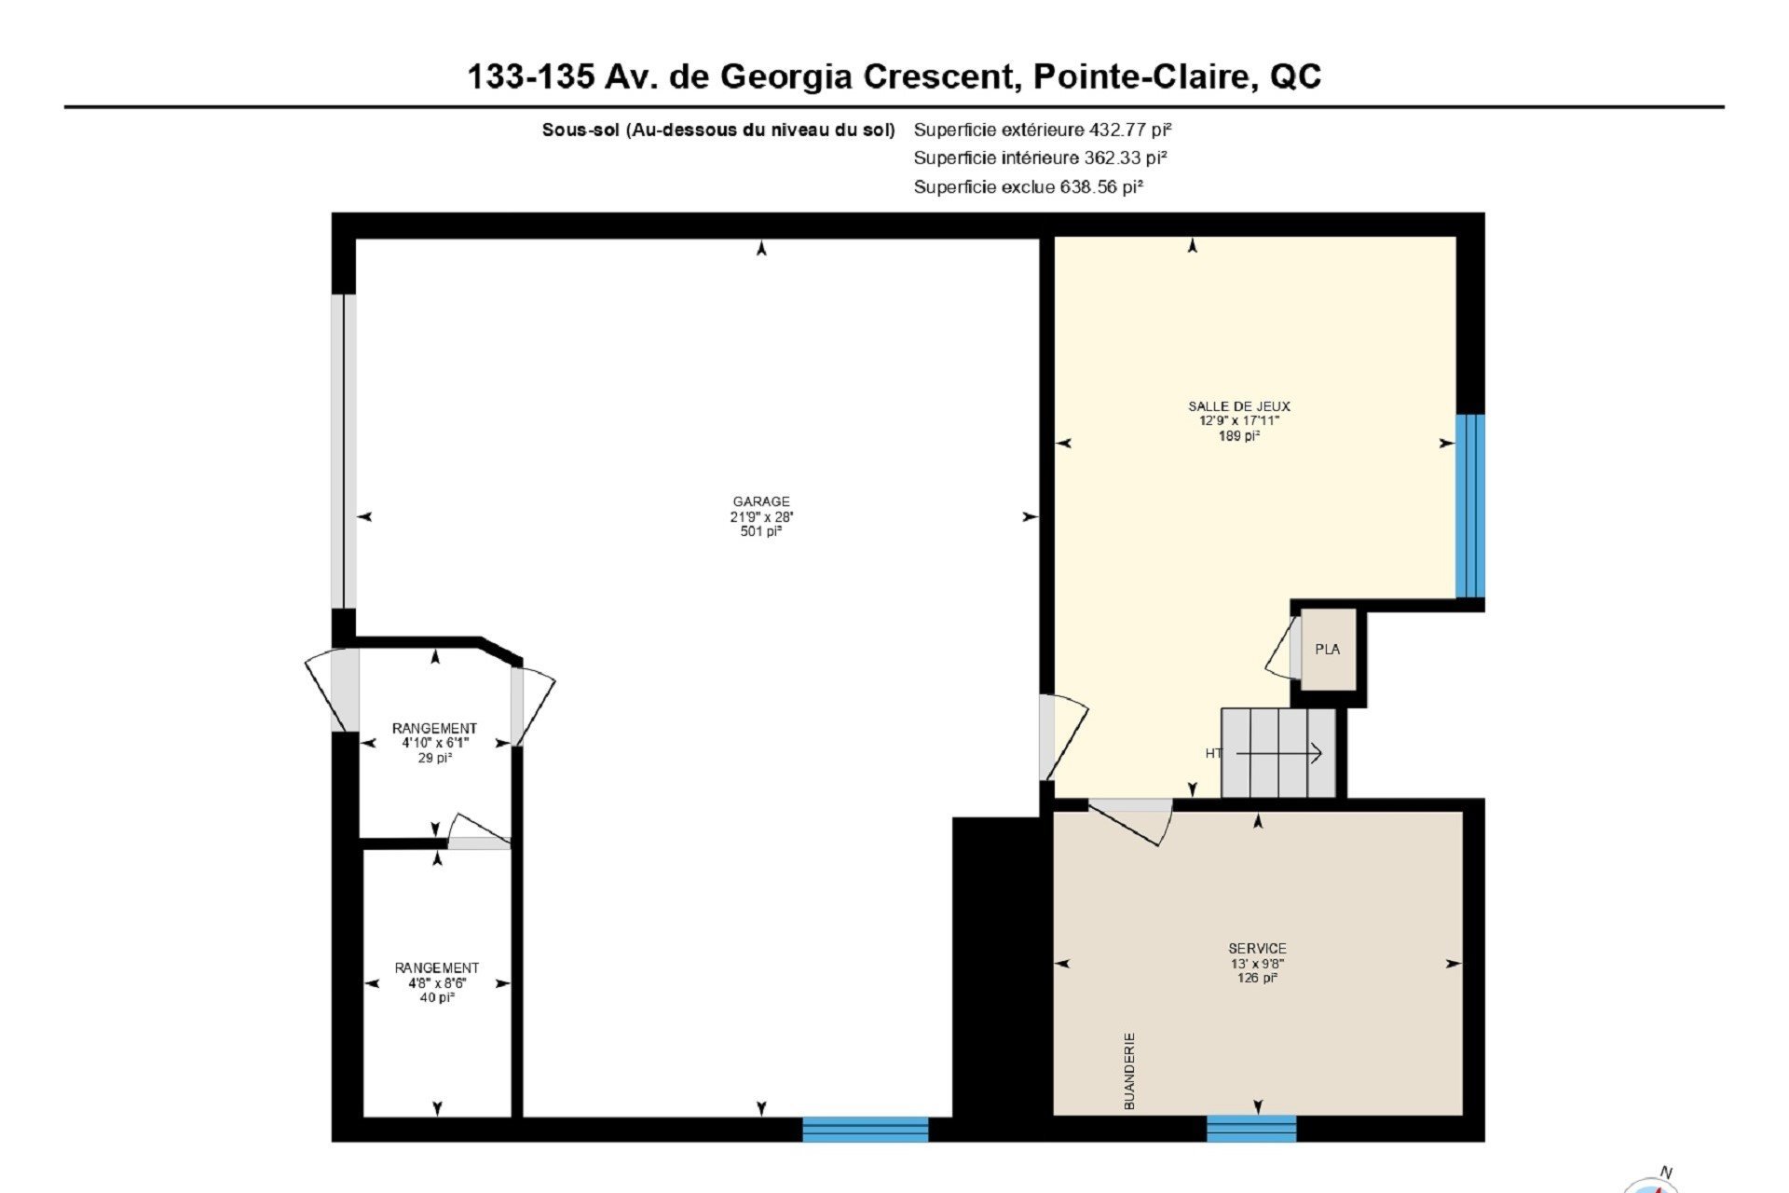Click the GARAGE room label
pos(761,501)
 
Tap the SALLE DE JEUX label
pos(1239,406)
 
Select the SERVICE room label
pos(1257,949)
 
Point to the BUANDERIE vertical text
pos(1130,1070)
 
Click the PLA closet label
pos(1328,650)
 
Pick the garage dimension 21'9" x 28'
pos(761,516)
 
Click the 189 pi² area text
pos(1239,435)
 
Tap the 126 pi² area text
pos(1257,978)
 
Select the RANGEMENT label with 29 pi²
pos(434,728)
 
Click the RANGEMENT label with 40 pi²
pos(436,968)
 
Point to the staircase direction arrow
pos(1278,753)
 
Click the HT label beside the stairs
pos(1213,753)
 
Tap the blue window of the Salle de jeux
pos(1470,506)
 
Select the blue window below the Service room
pos(1251,1129)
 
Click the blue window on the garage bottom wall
pos(866,1130)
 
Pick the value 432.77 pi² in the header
pos(1130,130)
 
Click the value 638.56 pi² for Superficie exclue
pos(1101,186)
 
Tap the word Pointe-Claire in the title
pos(1141,75)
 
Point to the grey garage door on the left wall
pos(344,451)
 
